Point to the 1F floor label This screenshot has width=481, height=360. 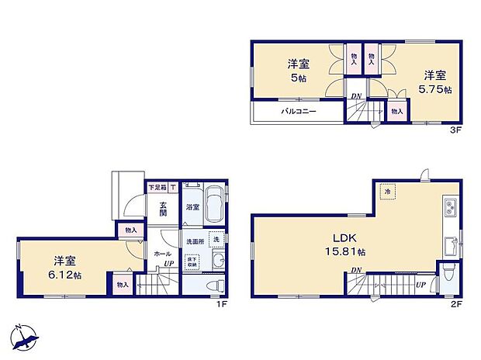(221, 304)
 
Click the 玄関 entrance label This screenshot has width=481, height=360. (164, 207)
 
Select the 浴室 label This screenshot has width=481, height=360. (192, 207)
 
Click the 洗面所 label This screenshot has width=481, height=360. (193, 240)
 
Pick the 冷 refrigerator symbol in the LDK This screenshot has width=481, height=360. (386, 190)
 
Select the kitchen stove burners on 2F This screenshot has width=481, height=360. (451, 208)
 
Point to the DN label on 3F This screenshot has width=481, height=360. (356, 96)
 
